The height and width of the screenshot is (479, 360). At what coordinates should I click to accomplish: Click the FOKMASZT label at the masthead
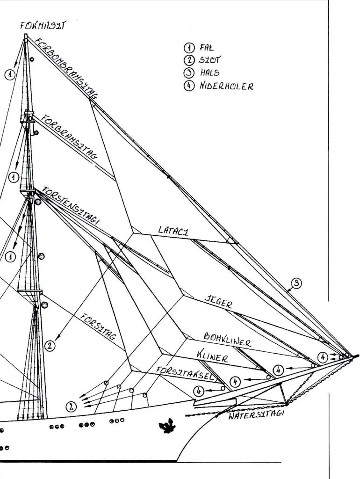coord(43,25)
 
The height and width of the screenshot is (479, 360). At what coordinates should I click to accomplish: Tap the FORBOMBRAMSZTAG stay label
coord(66,67)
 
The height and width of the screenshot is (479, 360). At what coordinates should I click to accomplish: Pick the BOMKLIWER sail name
coord(227,340)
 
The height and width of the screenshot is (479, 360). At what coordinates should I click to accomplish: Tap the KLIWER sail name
coord(212,356)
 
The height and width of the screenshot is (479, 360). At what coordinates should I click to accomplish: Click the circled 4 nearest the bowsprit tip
coord(323,357)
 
